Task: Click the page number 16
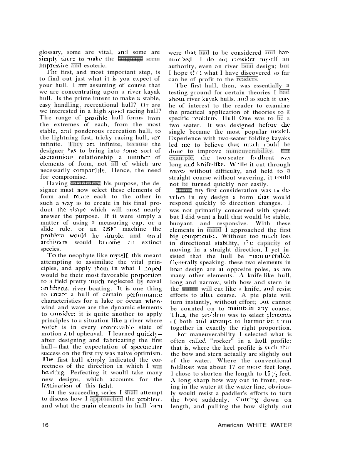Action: tap(45, 425)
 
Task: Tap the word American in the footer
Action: tap(230, 425)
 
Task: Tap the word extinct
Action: tap(150, 243)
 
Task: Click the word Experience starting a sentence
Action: tap(185, 138)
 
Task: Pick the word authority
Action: tap(183, 66)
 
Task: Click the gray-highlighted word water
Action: tap(189, 289)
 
